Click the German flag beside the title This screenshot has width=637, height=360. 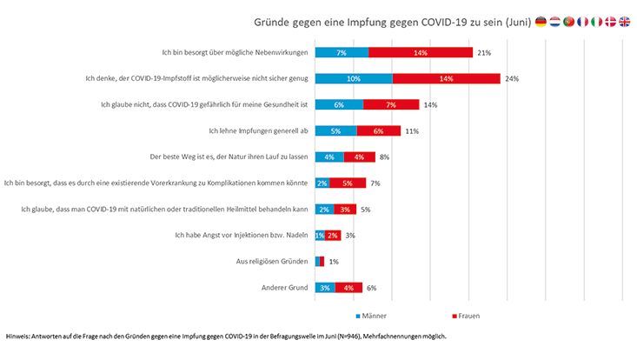tap(541, 21)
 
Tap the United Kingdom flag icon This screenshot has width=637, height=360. tap(624, 21)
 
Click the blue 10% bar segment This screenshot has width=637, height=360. tap(354, 78)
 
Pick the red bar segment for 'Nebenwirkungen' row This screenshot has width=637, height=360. tap(420, 52)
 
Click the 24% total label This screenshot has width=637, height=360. tap(512, 78)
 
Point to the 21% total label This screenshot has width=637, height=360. tap(484, 52)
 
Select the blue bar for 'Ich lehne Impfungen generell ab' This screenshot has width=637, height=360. tap(335, 130)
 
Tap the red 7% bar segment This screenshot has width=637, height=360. tap(391, 104)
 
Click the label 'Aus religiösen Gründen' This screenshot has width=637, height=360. tap(268, 261)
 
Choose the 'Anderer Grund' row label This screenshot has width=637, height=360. tap(285, 287)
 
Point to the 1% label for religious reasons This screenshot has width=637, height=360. tap(334, 261)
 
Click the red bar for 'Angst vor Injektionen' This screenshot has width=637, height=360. tap(333, 235)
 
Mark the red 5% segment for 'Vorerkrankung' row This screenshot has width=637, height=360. tap(347, 183)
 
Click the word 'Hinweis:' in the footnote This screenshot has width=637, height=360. tap(19, 336)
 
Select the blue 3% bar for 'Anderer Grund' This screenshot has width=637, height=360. tap(325, 287)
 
